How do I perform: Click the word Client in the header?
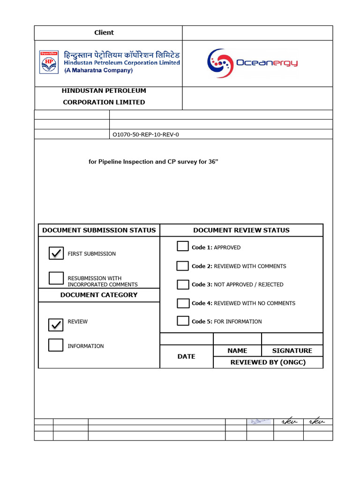tap(104, 33)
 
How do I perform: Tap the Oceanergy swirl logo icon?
tap(220, 62)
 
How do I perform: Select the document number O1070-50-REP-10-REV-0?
tap(146, 135)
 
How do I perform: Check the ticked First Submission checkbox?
tap(56, 253)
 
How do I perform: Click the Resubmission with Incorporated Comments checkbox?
tap(56, 278)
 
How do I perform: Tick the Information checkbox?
tap(56, 345)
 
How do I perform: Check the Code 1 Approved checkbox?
tap(183, 247)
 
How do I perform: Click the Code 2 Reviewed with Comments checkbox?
tap(183, 266)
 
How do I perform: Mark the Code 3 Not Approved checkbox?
tap(183, 285)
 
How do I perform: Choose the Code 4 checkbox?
tap(183, 303)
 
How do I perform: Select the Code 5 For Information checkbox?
tap(183, 321)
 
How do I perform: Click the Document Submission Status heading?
tap(99, 230)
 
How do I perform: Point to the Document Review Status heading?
tap(241, 230)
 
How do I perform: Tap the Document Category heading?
tap(99, 295)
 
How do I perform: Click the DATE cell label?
tap(186, 357)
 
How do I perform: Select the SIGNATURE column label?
tap(292, 351)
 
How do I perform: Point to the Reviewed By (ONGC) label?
tap(268, 362)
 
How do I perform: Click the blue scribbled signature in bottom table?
tap(260, 422)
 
